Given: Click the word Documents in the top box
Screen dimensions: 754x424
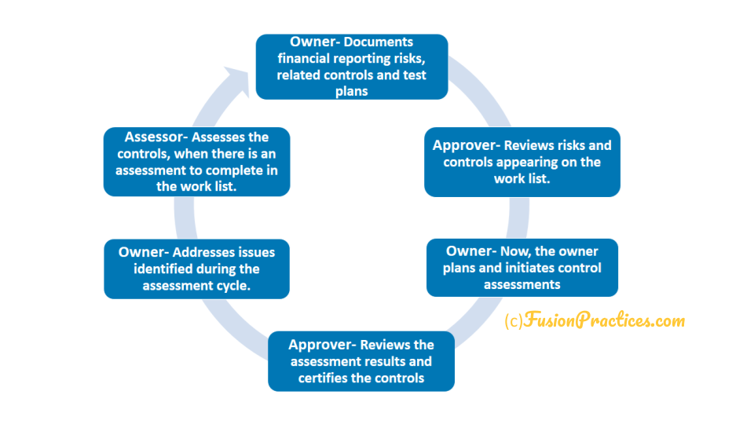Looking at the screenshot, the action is [x=379, y=42].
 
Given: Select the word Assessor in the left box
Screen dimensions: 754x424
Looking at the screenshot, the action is [x=154, y=137].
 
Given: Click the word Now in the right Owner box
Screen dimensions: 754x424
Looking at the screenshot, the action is [x=515, y=251].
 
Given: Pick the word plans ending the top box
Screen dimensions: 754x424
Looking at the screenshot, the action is [x=352, y=91].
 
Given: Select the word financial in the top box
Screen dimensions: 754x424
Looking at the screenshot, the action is [x=303, y=59].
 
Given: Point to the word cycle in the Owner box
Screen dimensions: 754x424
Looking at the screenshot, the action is [x=234, y=286].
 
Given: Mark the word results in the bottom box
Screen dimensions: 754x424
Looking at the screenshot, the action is [x=387, y=361].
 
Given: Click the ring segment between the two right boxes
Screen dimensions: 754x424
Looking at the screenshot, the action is [x=519, y=217].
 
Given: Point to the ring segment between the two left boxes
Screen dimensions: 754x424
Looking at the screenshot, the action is [x=185, y=217].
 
